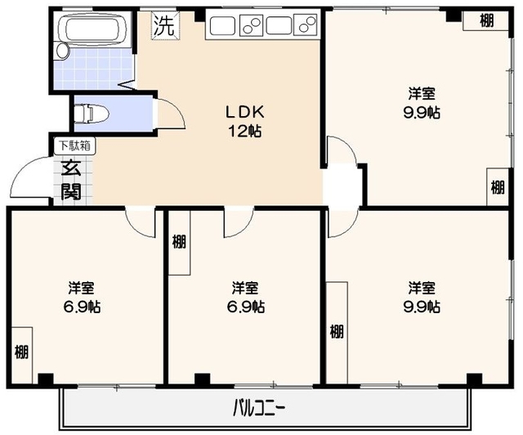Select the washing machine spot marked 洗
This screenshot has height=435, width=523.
[x=164, y=25]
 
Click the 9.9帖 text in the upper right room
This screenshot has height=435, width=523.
[x=422, y=113]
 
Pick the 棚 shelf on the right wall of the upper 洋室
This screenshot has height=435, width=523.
[x=497, y=186]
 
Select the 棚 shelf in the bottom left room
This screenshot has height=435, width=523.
[x=21, y=352]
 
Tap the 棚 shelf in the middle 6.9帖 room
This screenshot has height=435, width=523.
[x=178, y=242]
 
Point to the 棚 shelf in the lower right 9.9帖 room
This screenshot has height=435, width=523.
[x=337, y=331]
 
